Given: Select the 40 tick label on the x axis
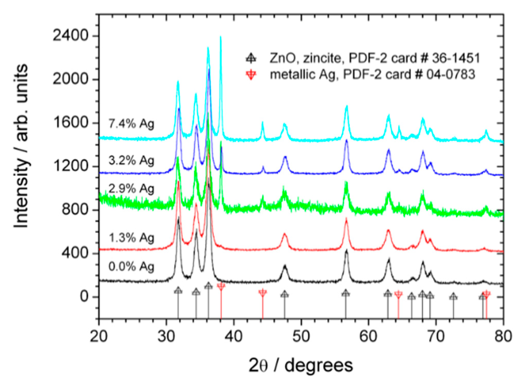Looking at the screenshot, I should pyautogui.click(x=233, y=336).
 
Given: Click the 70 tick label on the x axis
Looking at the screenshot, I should pyautogui.click(x=436, y=336).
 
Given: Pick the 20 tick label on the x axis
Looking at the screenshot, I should pyautogui.click(x=99, y=336).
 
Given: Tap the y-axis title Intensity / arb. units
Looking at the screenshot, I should pyautogui.click(x=21, y=146).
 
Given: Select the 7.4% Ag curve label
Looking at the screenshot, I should pyautogui.click(x=131, y=124).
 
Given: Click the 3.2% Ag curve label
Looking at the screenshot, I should pyautogui.click(x=131, y=161).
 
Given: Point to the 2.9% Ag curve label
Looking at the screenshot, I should pyautogui.click(x=131, y=189).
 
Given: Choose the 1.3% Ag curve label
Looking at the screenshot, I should pyautogui.click(x=131, y=238).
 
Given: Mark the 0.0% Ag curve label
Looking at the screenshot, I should pyautogui.click(x=131, y=267).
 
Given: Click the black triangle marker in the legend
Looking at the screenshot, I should pyautogui.click(x=251, y=58).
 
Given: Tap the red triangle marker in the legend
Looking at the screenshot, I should pyautogui.click(x=251, y=75).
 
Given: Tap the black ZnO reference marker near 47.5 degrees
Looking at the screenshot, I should pyautogui.click(x=284, y=294).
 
